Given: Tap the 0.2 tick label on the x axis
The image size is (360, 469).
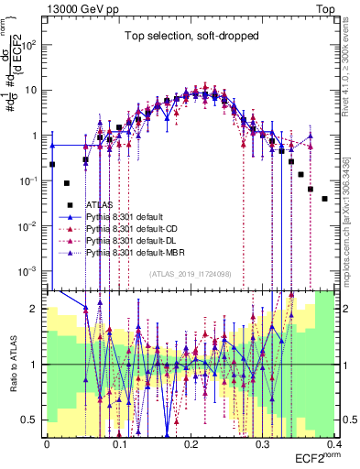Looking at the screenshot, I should click(x=191, y=442).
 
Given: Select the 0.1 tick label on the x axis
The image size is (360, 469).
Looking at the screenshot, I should click(x=119, y=442).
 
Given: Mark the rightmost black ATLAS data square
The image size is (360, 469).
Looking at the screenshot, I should click(x=324, y=198).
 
